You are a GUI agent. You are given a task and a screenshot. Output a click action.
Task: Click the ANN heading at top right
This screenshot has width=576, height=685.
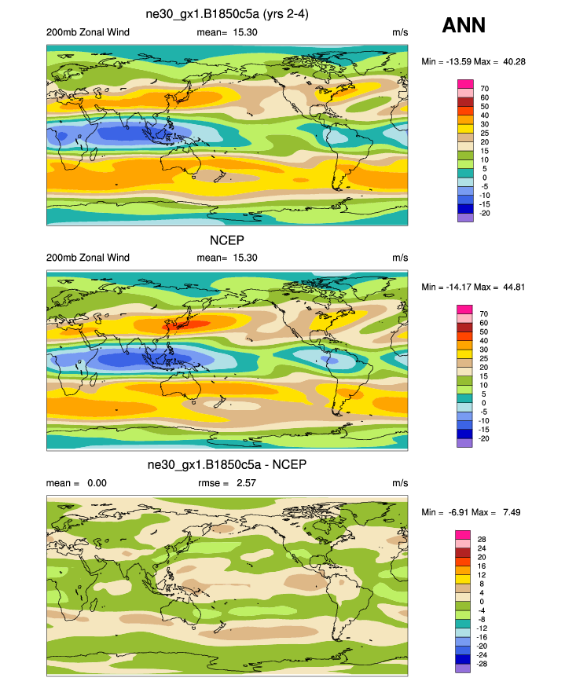[464, 25]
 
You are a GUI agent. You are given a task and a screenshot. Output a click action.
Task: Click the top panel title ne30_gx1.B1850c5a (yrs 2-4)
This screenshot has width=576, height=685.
[226, 13]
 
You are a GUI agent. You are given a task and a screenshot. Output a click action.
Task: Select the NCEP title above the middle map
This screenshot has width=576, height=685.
[226, 240]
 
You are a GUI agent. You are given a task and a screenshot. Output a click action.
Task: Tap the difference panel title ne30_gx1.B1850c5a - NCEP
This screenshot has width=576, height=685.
[227, 465]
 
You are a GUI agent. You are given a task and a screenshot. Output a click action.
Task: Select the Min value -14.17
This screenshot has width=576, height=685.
[454, 287]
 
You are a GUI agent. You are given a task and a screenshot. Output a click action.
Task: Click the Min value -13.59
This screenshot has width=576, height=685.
[454, 61]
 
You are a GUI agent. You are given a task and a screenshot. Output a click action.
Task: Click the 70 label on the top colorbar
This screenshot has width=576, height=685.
[485, 88]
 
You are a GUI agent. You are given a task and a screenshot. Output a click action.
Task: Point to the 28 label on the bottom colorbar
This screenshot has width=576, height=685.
[482, 539]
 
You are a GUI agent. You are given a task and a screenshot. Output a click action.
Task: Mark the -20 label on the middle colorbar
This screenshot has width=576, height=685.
[484, 438]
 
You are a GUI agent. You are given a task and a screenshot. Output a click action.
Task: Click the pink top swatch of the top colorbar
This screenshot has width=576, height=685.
[464, 83]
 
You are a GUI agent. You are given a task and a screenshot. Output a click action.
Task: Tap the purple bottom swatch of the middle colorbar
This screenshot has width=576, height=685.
[464, 443]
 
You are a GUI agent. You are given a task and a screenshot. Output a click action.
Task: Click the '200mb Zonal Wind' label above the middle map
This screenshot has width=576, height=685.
[87, 258]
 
